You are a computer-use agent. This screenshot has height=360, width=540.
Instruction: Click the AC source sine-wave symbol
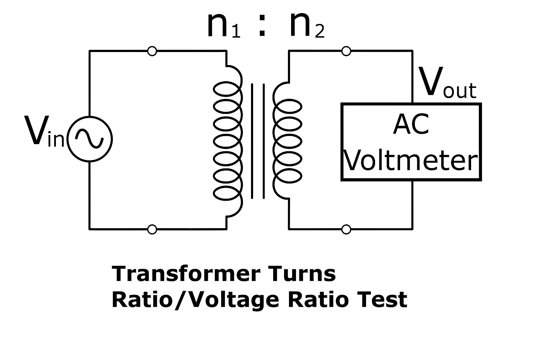pos(90,139)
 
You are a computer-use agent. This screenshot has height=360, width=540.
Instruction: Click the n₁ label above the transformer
pos(223,26)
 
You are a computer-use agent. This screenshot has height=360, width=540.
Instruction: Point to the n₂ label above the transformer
pos(306,26)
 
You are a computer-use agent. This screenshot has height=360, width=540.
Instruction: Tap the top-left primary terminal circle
pos(152,51)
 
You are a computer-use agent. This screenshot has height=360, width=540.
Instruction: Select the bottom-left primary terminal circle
pos(152,230)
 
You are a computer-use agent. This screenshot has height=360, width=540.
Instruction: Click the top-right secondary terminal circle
pos(346,51)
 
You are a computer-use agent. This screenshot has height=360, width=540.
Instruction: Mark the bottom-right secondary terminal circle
pos(346,230)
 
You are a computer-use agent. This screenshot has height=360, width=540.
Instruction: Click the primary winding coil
pos(228,141)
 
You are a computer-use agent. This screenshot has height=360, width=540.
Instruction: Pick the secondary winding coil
pos(287,141)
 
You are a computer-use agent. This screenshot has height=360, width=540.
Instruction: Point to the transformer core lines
pos(258,141)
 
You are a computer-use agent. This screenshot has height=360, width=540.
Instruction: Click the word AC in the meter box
pos(411,125)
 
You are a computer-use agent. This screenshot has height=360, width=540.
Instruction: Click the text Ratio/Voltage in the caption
pos(195,300)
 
